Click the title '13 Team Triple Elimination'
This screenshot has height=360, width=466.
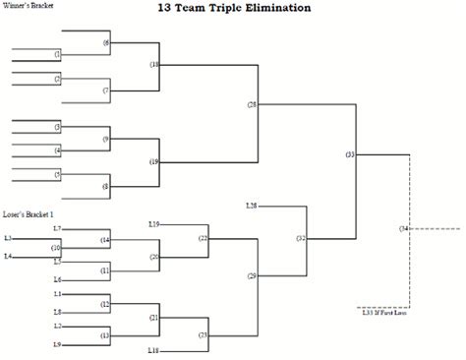[233, 8]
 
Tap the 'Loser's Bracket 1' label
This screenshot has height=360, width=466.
[29, 213]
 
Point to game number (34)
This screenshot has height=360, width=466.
[403, 228]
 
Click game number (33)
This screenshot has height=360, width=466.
[351, 154]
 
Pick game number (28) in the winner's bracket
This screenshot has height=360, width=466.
[253, 104]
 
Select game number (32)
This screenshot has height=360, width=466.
[301, 238]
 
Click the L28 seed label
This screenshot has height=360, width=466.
[251, 205]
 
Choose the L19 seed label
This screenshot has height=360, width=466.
[154, 224]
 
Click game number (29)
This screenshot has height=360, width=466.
[253, 276]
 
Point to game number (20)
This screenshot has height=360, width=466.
[154, 257]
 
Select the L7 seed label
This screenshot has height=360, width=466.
[57, 228]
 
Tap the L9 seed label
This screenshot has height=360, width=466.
[57, 343]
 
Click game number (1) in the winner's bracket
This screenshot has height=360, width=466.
[57, 53]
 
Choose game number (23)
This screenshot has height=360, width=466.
[203, 335]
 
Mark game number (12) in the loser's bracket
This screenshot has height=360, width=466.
[105, 304]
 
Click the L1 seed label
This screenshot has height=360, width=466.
[57, 294]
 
